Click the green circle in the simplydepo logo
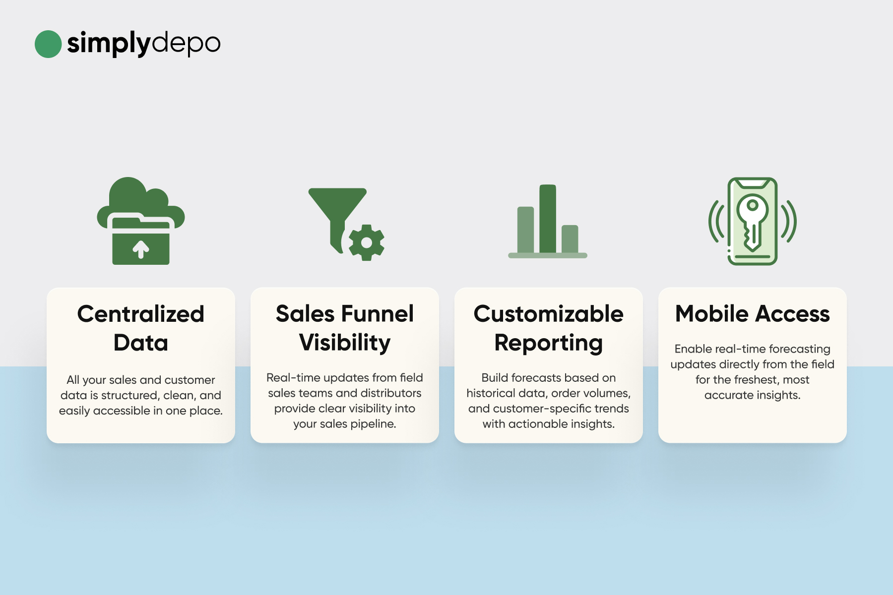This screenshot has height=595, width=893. pos(48,44)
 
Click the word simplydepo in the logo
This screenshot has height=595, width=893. pos(144,44)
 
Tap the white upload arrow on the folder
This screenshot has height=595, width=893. pos(141,249)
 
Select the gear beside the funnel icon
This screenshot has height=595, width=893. pos(367,242)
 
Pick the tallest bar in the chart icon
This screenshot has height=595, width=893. pos(548,219)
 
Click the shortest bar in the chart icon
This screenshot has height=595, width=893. pos(570,239)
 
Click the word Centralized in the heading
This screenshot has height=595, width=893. pos(141,314)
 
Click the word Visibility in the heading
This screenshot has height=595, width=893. pos(345,343)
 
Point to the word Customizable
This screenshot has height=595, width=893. pos(549,314)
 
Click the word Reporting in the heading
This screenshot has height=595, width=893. pos(549,343)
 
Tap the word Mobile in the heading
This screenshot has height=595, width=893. pos(712,314)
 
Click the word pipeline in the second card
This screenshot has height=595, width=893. pos(373,424)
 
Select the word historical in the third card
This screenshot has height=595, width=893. pos(491,393)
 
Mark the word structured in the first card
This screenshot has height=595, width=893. pos(128,396)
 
